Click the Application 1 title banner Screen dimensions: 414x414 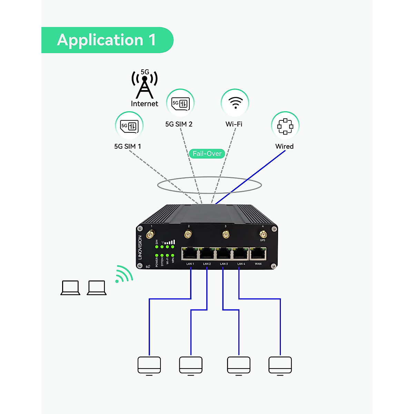point(107,40)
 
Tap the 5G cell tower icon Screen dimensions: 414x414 point(145,85)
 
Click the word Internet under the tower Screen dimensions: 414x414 point(145,103)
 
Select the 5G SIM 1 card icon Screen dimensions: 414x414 point(129,126)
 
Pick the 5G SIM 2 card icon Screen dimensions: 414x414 point(180,103)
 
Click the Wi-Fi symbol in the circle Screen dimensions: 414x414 point(235,102)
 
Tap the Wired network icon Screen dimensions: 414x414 point(285,126)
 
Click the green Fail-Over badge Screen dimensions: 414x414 point(207,154)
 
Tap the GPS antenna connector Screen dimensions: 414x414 point(263,234)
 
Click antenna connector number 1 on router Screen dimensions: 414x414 point(150,235)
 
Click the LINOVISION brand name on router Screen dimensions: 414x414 point(140,247)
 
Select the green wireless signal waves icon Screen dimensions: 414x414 point(124,275)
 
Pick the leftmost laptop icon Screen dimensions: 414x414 point(70,288)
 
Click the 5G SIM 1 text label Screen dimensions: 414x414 point(128,146)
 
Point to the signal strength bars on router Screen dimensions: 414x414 point(170,242)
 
